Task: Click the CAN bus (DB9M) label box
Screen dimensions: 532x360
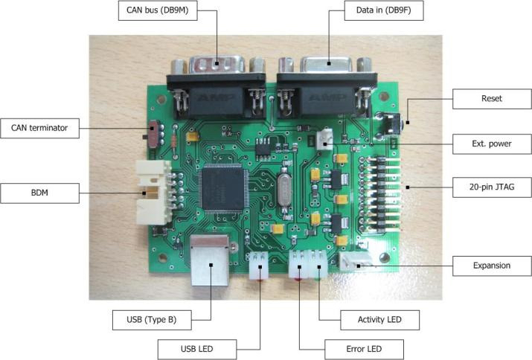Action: (x=158, y=10)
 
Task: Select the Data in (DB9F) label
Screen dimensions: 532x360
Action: (x=384, y=10)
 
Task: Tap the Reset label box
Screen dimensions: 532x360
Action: (x=492, y=99)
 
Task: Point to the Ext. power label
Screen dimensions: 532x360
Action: (x=492, y=144)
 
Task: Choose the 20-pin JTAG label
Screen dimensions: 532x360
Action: (x=492, y=187)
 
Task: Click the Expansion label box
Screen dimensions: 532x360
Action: (x=492, y=266)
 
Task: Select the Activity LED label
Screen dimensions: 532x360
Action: (x=379, y=320)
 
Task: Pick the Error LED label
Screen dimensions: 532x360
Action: (x=364, y=350)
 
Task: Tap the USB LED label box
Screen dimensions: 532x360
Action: (x=196, y=350)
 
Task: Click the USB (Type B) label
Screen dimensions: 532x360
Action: (x=152, y=320)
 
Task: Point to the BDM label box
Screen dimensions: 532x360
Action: (x=39, y=193)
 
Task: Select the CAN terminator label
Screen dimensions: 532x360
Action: (x=39, y=128)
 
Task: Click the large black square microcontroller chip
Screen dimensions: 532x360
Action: (x=224, y=189)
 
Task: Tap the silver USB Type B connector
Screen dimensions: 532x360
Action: (x=209, y=260)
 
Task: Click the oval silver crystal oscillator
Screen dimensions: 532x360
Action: (x=284, y=190)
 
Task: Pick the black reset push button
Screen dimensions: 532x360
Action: (x=389, y=124)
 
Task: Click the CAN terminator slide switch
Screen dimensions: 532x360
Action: (x=153, y=134)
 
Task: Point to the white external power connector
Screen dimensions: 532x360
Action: (x=324, y=140)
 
